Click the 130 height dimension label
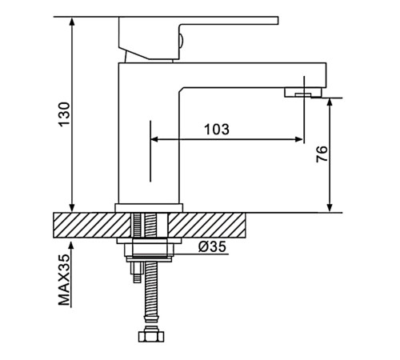(65, 114)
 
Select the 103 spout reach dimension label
(217, 130)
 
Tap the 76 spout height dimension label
(322, 154)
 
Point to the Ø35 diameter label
(212, 246)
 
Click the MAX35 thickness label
(65, 280)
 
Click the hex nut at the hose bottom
(151, 336)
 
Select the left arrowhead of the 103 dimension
(154, 139)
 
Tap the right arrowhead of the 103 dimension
(299, 139)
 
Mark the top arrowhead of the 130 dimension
(71, 21)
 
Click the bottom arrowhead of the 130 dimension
(71, 208)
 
